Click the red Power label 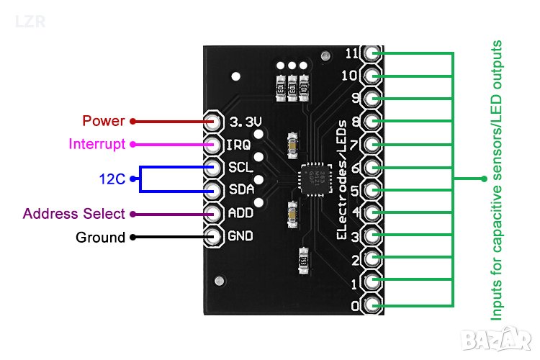(x=104, y=121)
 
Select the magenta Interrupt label (x=97, y=143)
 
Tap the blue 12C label (x=112, y=179)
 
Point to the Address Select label (x=74, y=214)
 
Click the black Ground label (x=100, y=237)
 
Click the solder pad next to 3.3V (x=214, y=121)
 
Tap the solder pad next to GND (x=214, y=237)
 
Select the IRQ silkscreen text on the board (x=238, y=144)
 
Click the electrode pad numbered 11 (x=372, y=53)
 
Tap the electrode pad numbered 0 (x=372, y=305)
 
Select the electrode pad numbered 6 (x=372, y=167)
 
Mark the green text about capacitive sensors (x=496, y=180)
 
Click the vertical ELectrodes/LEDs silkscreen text (x=343, y=180)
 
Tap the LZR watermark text (x=30, y=22)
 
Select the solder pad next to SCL (x=214, y=167)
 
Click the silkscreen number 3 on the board (x=354, y=236)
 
